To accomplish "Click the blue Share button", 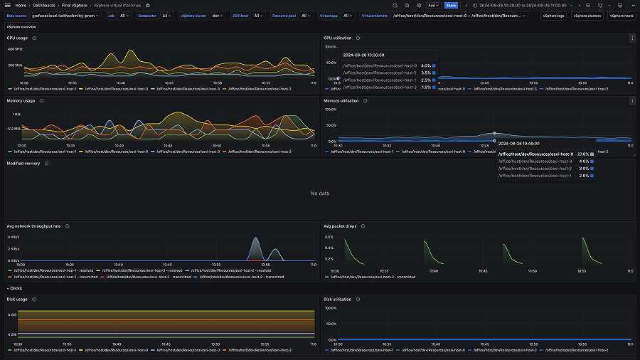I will [451, 5].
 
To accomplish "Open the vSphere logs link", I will [553, 15].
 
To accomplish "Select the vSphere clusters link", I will [587, 15].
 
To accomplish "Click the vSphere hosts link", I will [621, 15].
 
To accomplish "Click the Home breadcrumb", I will [21, 5].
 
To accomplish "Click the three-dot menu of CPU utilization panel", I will [632, 38].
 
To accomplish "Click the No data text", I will [320, 194].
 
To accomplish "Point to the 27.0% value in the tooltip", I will [582, 154].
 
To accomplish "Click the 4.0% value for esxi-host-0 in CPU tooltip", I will [425, 66].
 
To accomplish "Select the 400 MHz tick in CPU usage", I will [15, 49].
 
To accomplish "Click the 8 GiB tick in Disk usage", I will [13, 314].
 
